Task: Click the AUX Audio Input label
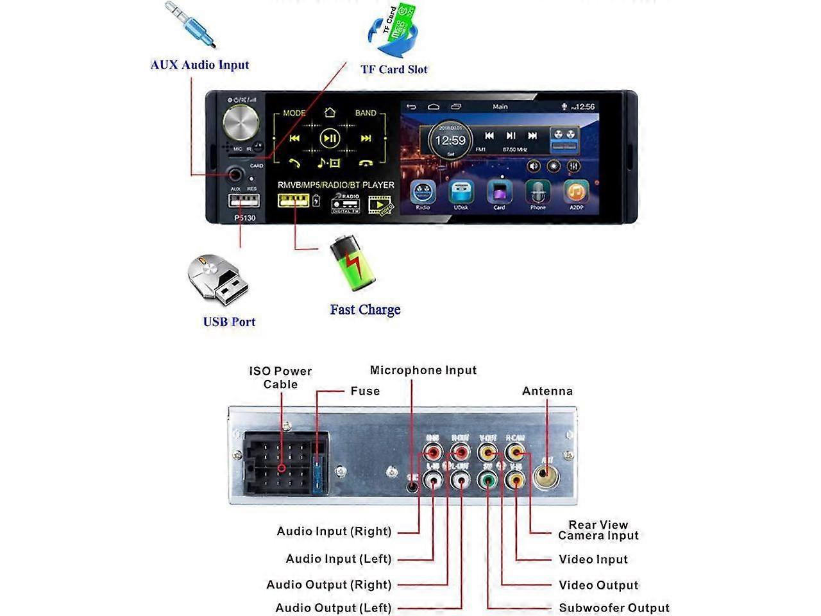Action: (x=199, y=65)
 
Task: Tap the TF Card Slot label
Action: (x=394, y=69)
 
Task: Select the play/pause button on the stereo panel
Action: (x=330, y=138)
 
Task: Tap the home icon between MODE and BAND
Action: (x=330, y=113)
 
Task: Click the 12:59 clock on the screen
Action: (x=450, y=141)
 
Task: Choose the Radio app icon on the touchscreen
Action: (x=423, y=193)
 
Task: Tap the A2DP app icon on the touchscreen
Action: (x=576, y=193)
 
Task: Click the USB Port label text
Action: (x=229, y=322)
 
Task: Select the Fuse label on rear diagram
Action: (x=365, y=391)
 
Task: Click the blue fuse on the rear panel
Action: (x=317, y=475)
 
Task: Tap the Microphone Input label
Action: (x=423, y=370)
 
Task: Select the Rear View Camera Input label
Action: (x=598, y=530)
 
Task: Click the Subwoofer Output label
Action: (x=614, y=608)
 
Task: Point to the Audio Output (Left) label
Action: (x=334, y=608)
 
